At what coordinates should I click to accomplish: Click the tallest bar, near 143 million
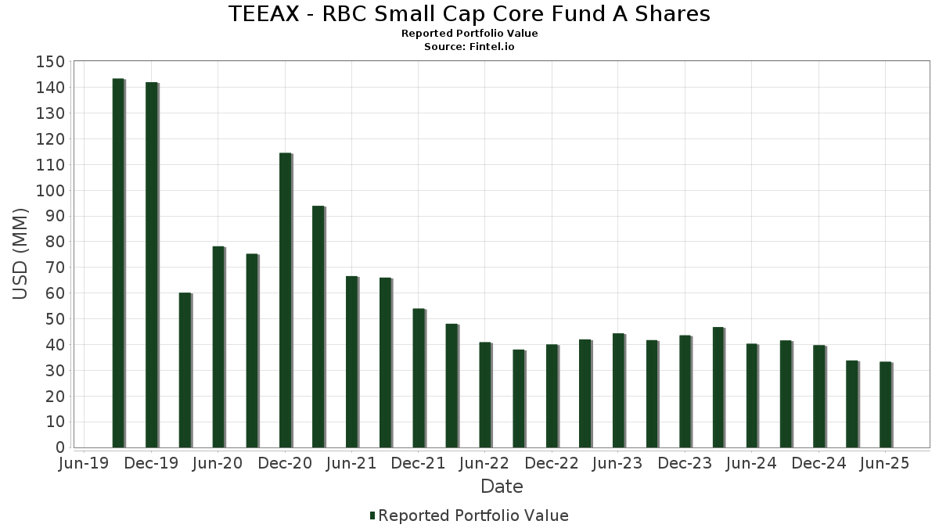(x=118, y=263)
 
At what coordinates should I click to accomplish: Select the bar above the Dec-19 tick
(x=151, y=264)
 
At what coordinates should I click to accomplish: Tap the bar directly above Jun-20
(x=218, y=347)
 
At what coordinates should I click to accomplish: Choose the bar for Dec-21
(x=419, y=378)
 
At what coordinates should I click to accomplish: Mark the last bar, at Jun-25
(x=885, y=404)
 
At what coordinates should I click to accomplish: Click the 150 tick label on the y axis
(x=49, y=62)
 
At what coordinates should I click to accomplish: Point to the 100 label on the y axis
(x=49, y=191)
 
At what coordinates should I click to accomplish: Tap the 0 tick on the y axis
(x=59, y=448)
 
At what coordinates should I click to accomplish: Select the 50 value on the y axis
(x=53, y=319)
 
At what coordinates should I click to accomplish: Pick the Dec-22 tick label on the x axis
(x=552, y=464)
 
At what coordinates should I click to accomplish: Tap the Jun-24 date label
(x=751, y=464)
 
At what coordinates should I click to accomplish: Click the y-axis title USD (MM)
(x=21, y=253)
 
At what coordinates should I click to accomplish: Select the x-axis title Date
(x=502, y=487)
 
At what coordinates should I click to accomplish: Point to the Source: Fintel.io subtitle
(x=469, y=47)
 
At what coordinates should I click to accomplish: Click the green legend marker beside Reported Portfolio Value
(x=372, y=515)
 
